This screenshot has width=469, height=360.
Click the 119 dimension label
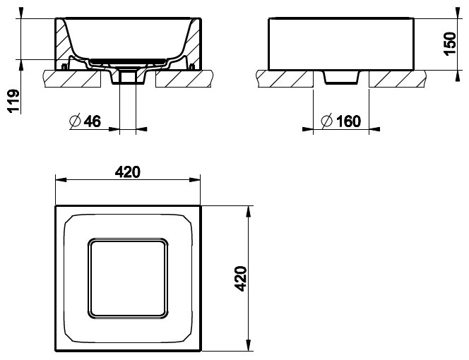coord(13,100)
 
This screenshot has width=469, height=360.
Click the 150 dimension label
coord(449,43)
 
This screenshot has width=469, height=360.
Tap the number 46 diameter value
coord(93,121)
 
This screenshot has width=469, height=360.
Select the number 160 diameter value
coord(348,121)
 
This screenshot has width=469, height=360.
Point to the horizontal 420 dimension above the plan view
coord(128,172)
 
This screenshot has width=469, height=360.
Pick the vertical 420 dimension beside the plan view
coord(240,278)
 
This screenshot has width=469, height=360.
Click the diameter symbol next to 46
coord(75,121)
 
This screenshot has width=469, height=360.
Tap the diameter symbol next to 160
coord(327,121)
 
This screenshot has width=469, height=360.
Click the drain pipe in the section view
coord(128,77)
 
